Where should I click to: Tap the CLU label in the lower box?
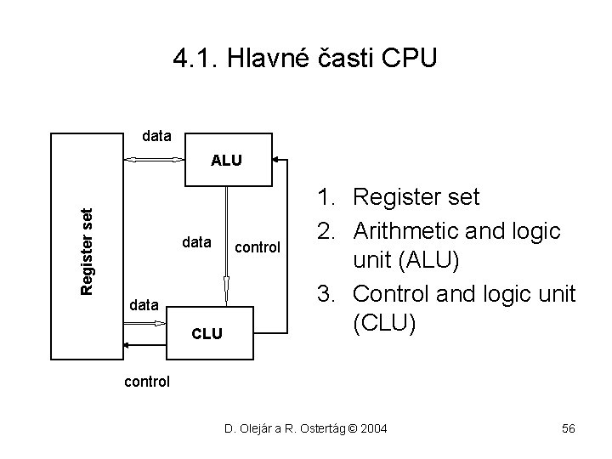click(x=206, y=334)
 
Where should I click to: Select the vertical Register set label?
click(x=88, y=252)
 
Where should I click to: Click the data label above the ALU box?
click(x=156, y=135)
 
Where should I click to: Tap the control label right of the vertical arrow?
click(x=257, y=248)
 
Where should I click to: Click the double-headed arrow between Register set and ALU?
click(x=154, y=159)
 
